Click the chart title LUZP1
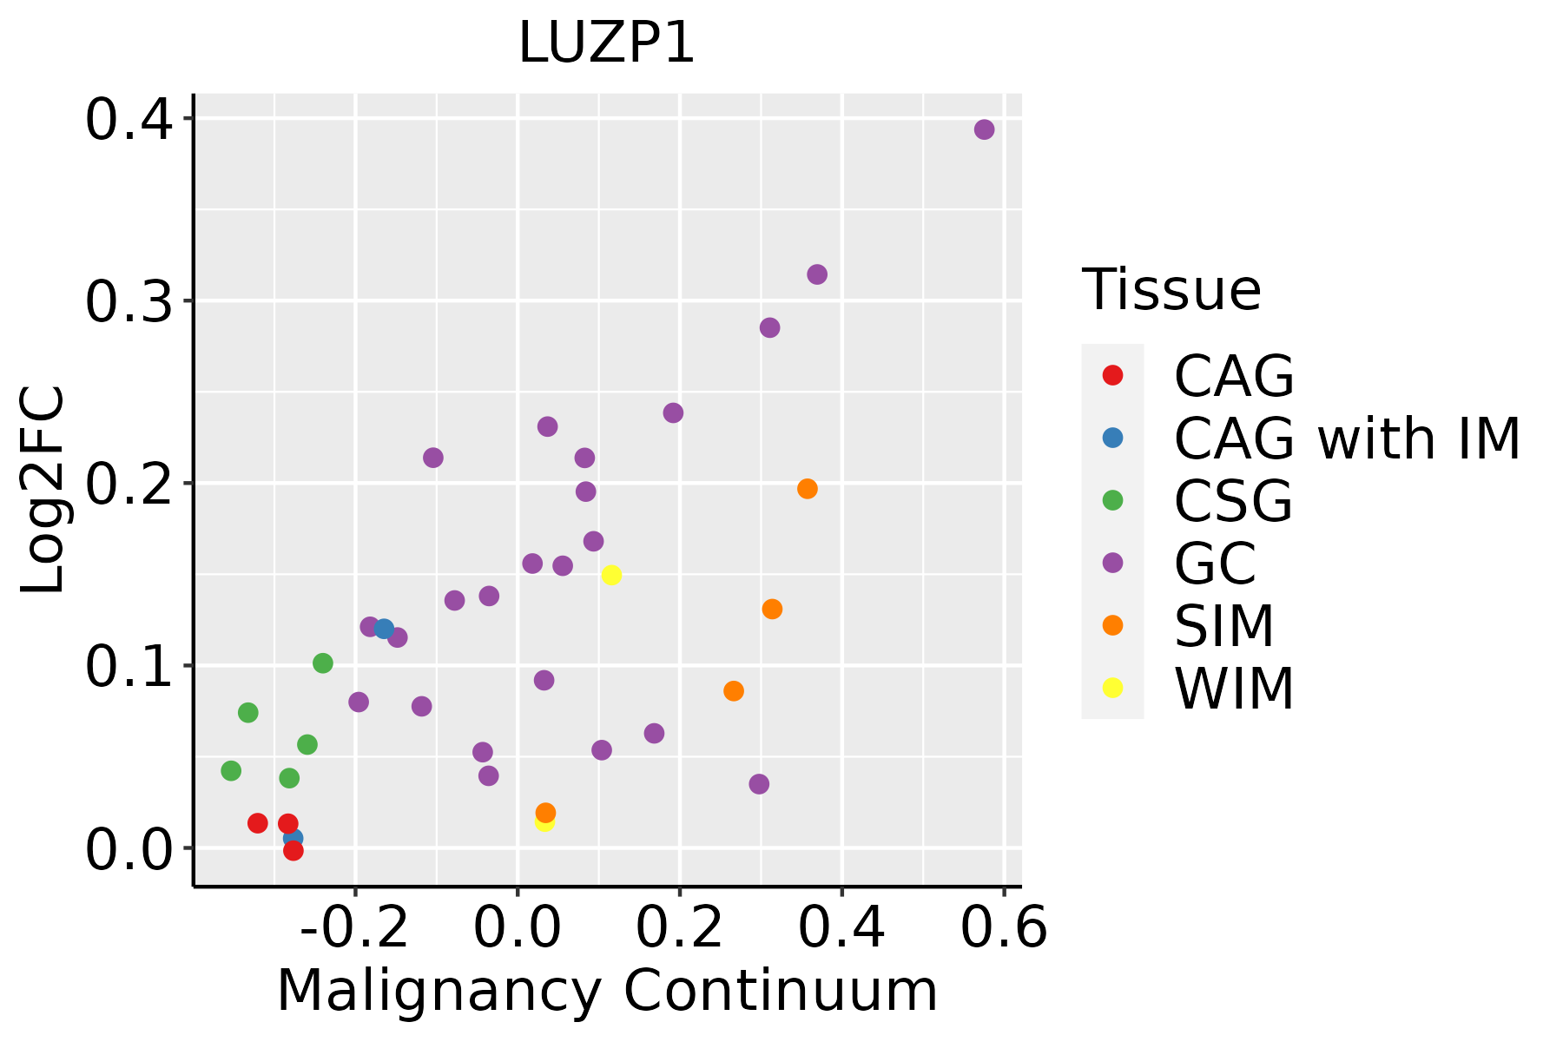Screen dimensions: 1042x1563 pyautogui.click(x=606, y=43)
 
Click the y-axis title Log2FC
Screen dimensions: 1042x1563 pyautogui.click(x=43, y=490)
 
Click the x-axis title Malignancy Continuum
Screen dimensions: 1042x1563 pyautogui.click(x=606, y=991)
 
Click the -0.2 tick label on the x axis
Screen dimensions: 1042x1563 pyautogui.click(x=354, y=928)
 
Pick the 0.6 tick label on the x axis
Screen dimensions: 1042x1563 pyautogui.click(x=1004, y=928)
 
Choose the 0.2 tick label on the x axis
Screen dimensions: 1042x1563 pyautogui.click(x=679, y=928)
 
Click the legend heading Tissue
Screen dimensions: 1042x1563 pyautogui.click(x=1171, y=290)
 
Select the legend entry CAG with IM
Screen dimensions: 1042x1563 pyautogui.click(x=1347, y=439)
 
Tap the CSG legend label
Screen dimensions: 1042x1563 pyautogui.click(x=1233, y=501)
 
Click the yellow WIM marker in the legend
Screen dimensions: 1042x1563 pyautogui.click(x=1112, y=688)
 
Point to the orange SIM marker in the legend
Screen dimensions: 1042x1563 pyautogui.click(x=1112, y=625)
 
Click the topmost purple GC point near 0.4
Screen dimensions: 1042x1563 pyautogui.click(x=984, y=129)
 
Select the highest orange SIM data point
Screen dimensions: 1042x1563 pyautogui.click(x=808, y=489)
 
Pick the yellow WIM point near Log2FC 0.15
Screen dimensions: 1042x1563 pyautogui.click(x=611, y=575)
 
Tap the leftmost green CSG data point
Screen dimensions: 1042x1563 pyautogui.click(x=231, y=770)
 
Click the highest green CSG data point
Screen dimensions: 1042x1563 pyautogui.click(x=323, y=663)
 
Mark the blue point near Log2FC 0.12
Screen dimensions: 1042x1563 pyautogui.click(x=384, y=629)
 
